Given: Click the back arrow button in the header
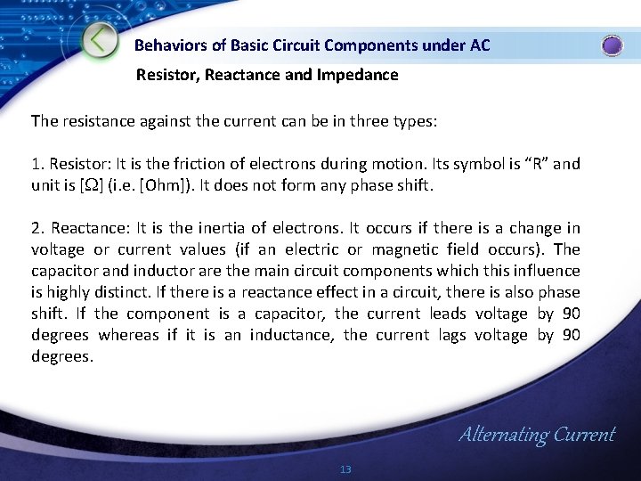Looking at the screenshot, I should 101,40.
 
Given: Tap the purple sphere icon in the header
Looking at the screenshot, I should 613,45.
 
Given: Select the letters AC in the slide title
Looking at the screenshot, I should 479,45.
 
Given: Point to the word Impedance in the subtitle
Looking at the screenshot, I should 355,75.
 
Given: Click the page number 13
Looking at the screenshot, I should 346,469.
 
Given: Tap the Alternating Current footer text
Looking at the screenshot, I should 536,435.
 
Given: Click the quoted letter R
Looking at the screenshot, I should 532,164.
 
